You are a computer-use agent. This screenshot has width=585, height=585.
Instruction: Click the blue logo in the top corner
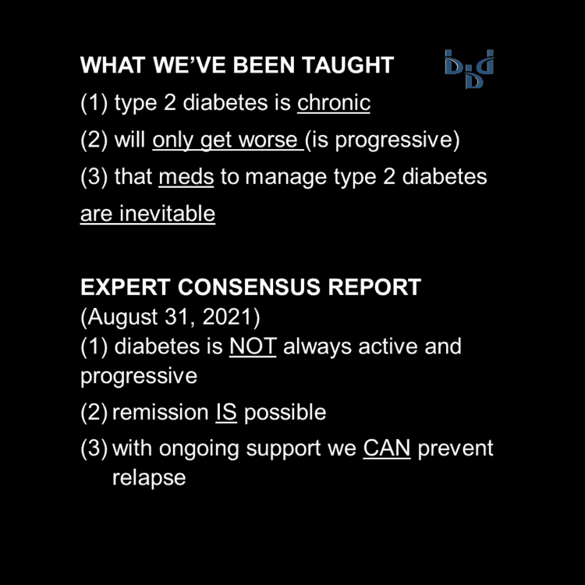(x=469, y=69)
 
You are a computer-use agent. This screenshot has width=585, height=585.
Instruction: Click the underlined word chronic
(x=333, y=103)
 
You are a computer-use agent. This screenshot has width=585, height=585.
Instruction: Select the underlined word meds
(x=186, y=177)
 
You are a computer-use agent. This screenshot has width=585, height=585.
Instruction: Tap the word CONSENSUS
(x=250, y=287)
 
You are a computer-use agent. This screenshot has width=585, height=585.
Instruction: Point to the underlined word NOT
(x=253, y=346)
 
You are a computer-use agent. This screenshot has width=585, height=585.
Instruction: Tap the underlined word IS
(x=226, y=413)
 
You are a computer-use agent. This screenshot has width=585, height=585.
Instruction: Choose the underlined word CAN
(x=386, y=449)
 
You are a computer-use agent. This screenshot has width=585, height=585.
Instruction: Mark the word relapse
(x=149, y=477)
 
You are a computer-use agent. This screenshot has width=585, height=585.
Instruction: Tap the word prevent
(x=456, y=449)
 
